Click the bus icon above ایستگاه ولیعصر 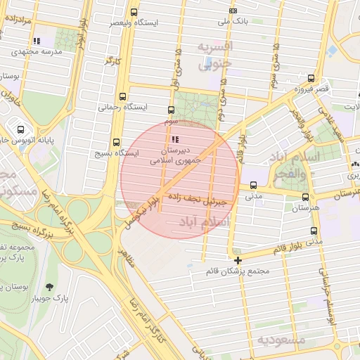click(x=134, y=12)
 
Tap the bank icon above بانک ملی click(x=233, y=11)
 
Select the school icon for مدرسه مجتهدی click(x=36, y=41)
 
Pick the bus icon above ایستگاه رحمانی click(x=124, y=97)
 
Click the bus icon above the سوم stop click(x=171, y=110)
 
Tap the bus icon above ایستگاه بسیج click(x=116, y=141)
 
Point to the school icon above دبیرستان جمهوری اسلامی click(x=174, y=139)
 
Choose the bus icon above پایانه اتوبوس click(x=20, y=129)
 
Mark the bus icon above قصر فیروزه click(x=310, y=79)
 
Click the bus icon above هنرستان click(x=305, y=198)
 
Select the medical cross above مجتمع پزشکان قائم click(x=238, y=260)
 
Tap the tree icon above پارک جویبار click(x=49, y=286)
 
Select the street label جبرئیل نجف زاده click(x=202, y=200)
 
